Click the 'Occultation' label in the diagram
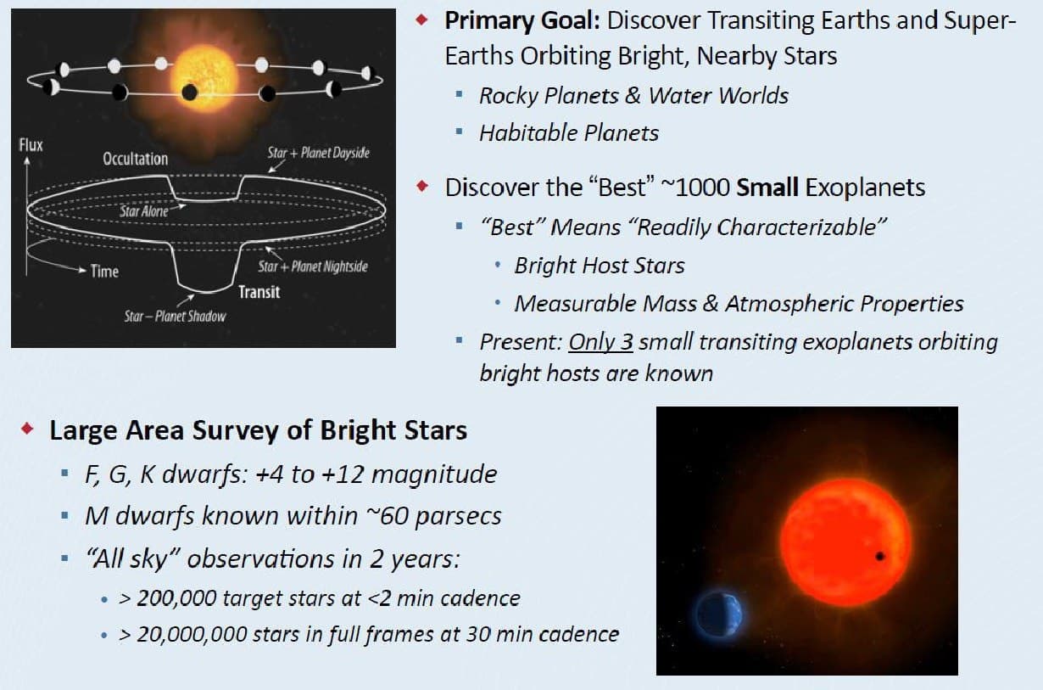point(135,159)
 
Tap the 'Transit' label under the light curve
point(259,292)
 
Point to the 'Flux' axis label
point(31,145)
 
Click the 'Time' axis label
point(104,271)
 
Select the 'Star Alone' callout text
point(144,211)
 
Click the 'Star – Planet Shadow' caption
point(175,317)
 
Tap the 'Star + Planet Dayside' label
point(319,153)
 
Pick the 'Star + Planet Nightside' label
point(313,266)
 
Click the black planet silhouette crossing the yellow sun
point(189,93)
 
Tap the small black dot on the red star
point(879,556)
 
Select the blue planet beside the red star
point(718,614)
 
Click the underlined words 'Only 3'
point(600,342)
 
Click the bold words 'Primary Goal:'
point(522,21)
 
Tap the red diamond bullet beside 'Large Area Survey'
point(27,428)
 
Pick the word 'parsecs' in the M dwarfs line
point(458,517)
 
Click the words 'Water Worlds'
point(718,96)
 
